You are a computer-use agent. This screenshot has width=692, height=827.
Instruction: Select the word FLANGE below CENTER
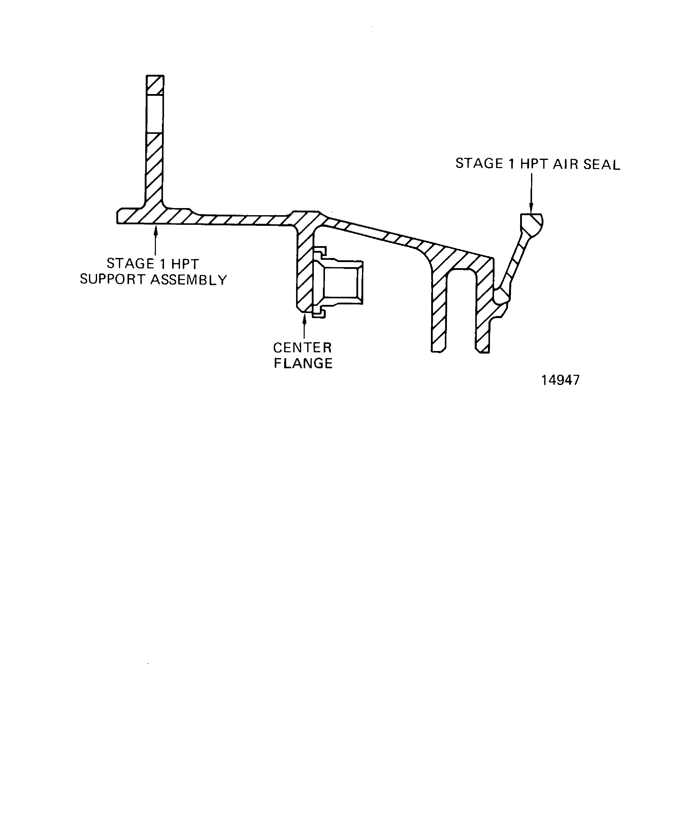coord(303,363)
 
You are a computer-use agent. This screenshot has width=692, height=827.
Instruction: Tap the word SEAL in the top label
coord(602,164)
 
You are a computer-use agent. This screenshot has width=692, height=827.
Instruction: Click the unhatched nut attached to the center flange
coord(341,282)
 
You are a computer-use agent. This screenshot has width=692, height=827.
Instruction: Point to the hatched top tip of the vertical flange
coord(155,85)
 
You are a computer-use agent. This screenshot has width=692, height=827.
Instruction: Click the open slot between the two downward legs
coord(461,307)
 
